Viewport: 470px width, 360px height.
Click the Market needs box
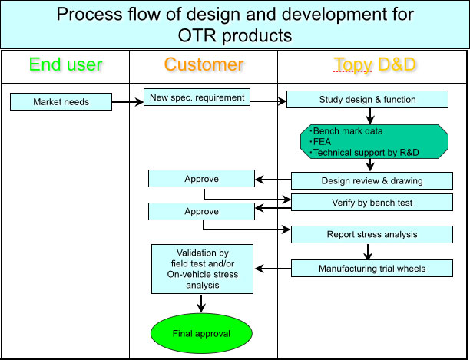pyautogui.click(x=61, y=101)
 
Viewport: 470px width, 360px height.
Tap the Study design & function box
pyautogui.click(x=367, y=100)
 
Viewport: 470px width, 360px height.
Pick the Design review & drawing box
pyautogui.click(x=369, y=181)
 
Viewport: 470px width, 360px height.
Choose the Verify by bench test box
pyautogui.click(x=369, y=202)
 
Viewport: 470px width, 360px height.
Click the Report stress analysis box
pyautogui.click(x=369, y=235)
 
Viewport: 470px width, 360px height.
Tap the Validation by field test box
pyautogui.click(x=203, y=269)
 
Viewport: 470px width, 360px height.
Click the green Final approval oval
pyautogui.click(x=201, y=334)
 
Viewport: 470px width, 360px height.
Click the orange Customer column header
pyautogui.click(x=204, y=64)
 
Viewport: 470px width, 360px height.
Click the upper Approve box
pyautogui.click(x=201, y=179)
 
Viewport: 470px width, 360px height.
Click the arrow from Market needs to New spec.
pyautogui.click(x=127, y=100)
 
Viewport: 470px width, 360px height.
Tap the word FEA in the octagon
pyautogui.click(x=322, y=142)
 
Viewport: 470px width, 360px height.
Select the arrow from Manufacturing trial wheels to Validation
pyautogui.click(x=273, y=269)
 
